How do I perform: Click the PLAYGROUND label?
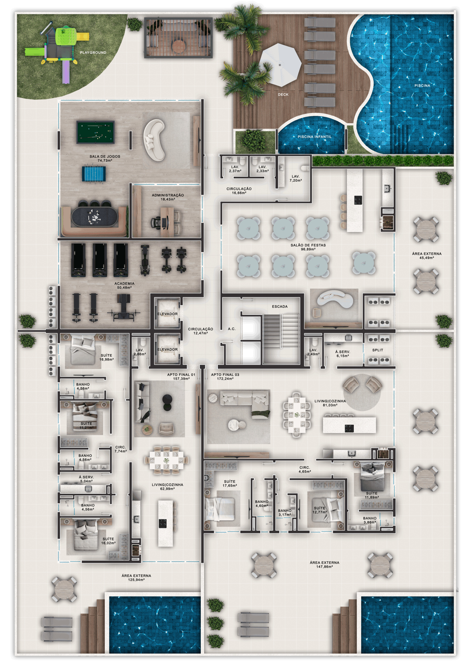[93, 53]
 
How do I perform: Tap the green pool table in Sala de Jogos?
[96, 132]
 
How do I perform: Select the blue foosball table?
[94, 174]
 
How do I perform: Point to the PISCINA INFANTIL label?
[315, 137]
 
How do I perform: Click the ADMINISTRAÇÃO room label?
[168, 195]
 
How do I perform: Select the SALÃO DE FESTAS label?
[308, 245]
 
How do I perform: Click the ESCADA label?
[280, 306]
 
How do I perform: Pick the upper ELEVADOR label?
[168, 314]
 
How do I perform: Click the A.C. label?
[232, 329]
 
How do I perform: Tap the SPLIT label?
[378, 350]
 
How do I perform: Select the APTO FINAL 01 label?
[181, 375]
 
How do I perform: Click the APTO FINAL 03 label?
[225, 375]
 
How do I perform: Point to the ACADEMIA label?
[124, 284]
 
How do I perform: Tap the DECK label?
[283, 95]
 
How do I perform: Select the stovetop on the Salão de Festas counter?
[358, 200]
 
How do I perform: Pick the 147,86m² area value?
[324, 567]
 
